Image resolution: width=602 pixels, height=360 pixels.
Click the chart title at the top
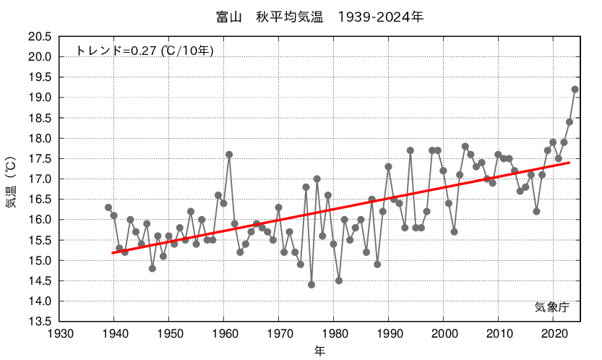[x=319, y=17]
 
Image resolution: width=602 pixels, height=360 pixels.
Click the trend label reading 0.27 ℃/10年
[x=145, y=51]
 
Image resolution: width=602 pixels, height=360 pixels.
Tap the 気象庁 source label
[x=552, y=307]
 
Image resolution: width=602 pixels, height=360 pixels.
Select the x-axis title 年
[x=319, y=351]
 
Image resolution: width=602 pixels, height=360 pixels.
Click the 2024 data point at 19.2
[x=575, y=90]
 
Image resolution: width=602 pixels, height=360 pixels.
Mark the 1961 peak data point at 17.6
[x=229, y=155]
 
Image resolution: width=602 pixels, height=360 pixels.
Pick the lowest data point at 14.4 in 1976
[x=311, y=285]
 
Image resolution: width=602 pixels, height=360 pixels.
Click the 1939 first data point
[x=108, y=207]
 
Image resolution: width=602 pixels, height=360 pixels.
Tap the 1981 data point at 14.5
[x=339, y=280]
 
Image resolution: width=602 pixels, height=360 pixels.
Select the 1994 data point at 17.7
[x=410, y=150]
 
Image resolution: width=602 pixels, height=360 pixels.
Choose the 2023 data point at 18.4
[x=569, y=122]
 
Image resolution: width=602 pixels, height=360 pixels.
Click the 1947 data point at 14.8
[x=152, y=268]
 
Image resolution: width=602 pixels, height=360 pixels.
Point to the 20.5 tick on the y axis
[x=39, y=37]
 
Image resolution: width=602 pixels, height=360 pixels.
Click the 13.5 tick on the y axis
[x=39, y=322]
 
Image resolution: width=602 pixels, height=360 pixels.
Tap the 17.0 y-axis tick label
[x=39, y=179]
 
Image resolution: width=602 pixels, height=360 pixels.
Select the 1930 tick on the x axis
[x=59, y=334]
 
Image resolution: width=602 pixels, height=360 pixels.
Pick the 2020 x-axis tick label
[x=553, y=334]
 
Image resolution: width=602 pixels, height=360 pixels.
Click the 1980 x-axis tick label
[x=333, y=334]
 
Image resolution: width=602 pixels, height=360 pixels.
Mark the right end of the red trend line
[x=569, y=163]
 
